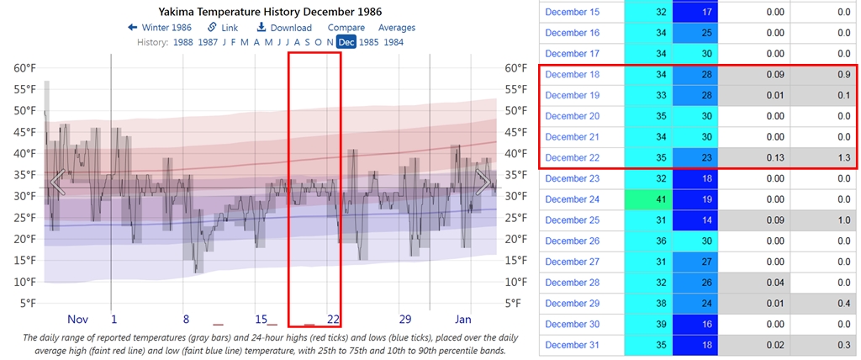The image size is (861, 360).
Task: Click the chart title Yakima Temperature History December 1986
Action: (x=270, y=12)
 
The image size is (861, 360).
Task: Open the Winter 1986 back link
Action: (x=160, y=28)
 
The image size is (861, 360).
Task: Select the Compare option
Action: (x=346, y=28)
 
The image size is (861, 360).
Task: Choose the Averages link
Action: (x=397, y=28)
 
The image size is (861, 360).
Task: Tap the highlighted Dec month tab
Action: (x=346, y=42)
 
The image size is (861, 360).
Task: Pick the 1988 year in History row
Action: (x=184, y=42)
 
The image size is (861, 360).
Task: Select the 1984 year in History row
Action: (x=393, y=42)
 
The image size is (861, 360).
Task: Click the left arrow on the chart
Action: (x=57, y=181)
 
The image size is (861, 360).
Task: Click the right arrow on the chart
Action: (x=484, y=181)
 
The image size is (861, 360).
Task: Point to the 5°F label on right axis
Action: (x=514, y=304)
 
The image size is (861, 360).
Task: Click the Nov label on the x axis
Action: (x=78, y=320)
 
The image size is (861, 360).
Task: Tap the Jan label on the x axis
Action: (x=463, y=320)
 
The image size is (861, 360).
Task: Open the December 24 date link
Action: (x=572, y=199)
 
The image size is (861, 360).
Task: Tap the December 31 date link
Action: (x=572, y=345)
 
